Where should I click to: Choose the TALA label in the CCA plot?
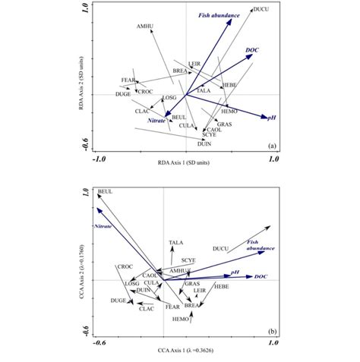pyautogui.click(x=175, y=242)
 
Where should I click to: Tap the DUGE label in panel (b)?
pyautogui.click(x=118, y=301)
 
